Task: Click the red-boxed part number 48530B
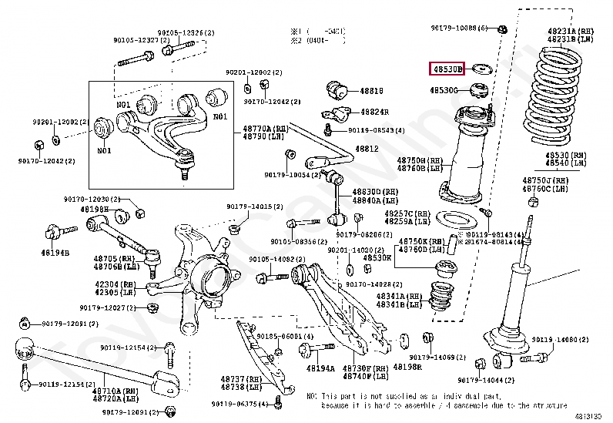pos(447,69)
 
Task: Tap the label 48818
pos(372,90)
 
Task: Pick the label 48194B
pos(55,253)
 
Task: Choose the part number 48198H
pos(96,209)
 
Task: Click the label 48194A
pos(320,368)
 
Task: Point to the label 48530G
pos(444,91)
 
